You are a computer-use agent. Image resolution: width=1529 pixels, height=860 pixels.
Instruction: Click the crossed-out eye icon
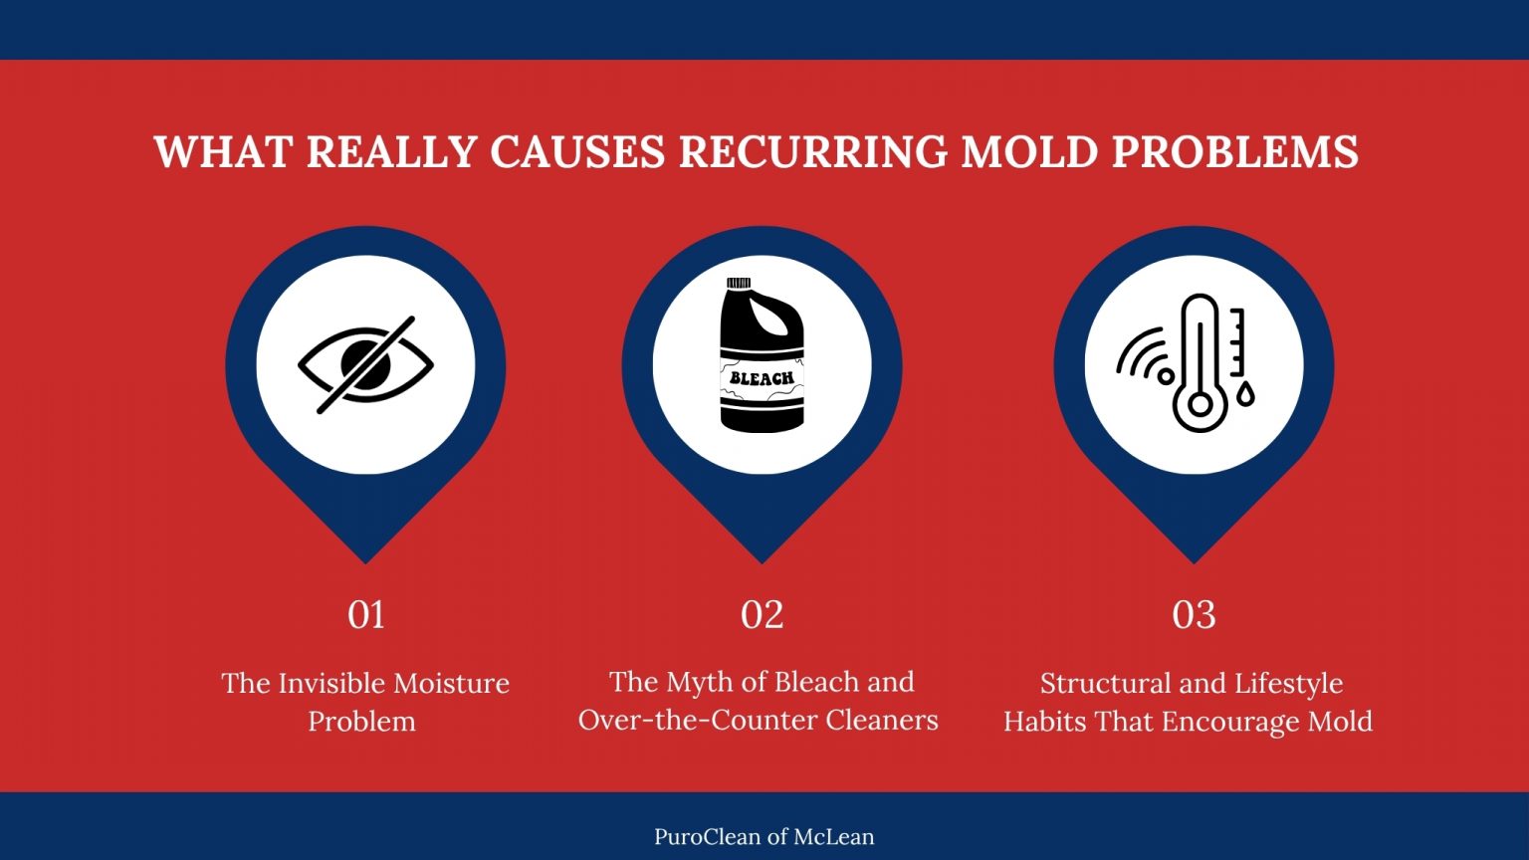tap(365, 365)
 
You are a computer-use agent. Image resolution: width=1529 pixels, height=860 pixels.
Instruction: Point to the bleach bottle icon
tap(762, 356)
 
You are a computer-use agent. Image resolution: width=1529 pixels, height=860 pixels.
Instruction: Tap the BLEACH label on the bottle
tap(762, 378)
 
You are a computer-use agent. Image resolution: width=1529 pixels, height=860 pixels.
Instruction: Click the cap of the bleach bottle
tap(739, 285)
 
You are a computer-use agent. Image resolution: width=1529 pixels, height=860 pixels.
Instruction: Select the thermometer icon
tap(1200, 363)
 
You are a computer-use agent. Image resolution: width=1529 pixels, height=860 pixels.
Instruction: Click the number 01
tap(365, 615)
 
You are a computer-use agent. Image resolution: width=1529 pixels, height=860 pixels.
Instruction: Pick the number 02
tap(762, 615)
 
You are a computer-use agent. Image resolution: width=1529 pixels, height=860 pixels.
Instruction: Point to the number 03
tap(1194, 615)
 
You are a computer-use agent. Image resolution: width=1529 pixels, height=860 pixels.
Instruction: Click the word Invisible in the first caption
tap(331, 684)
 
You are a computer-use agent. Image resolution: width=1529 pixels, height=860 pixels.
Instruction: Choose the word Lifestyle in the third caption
tap(1288, 684)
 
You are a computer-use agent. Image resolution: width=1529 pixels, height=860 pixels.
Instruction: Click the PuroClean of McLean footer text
tap(764, 837)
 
